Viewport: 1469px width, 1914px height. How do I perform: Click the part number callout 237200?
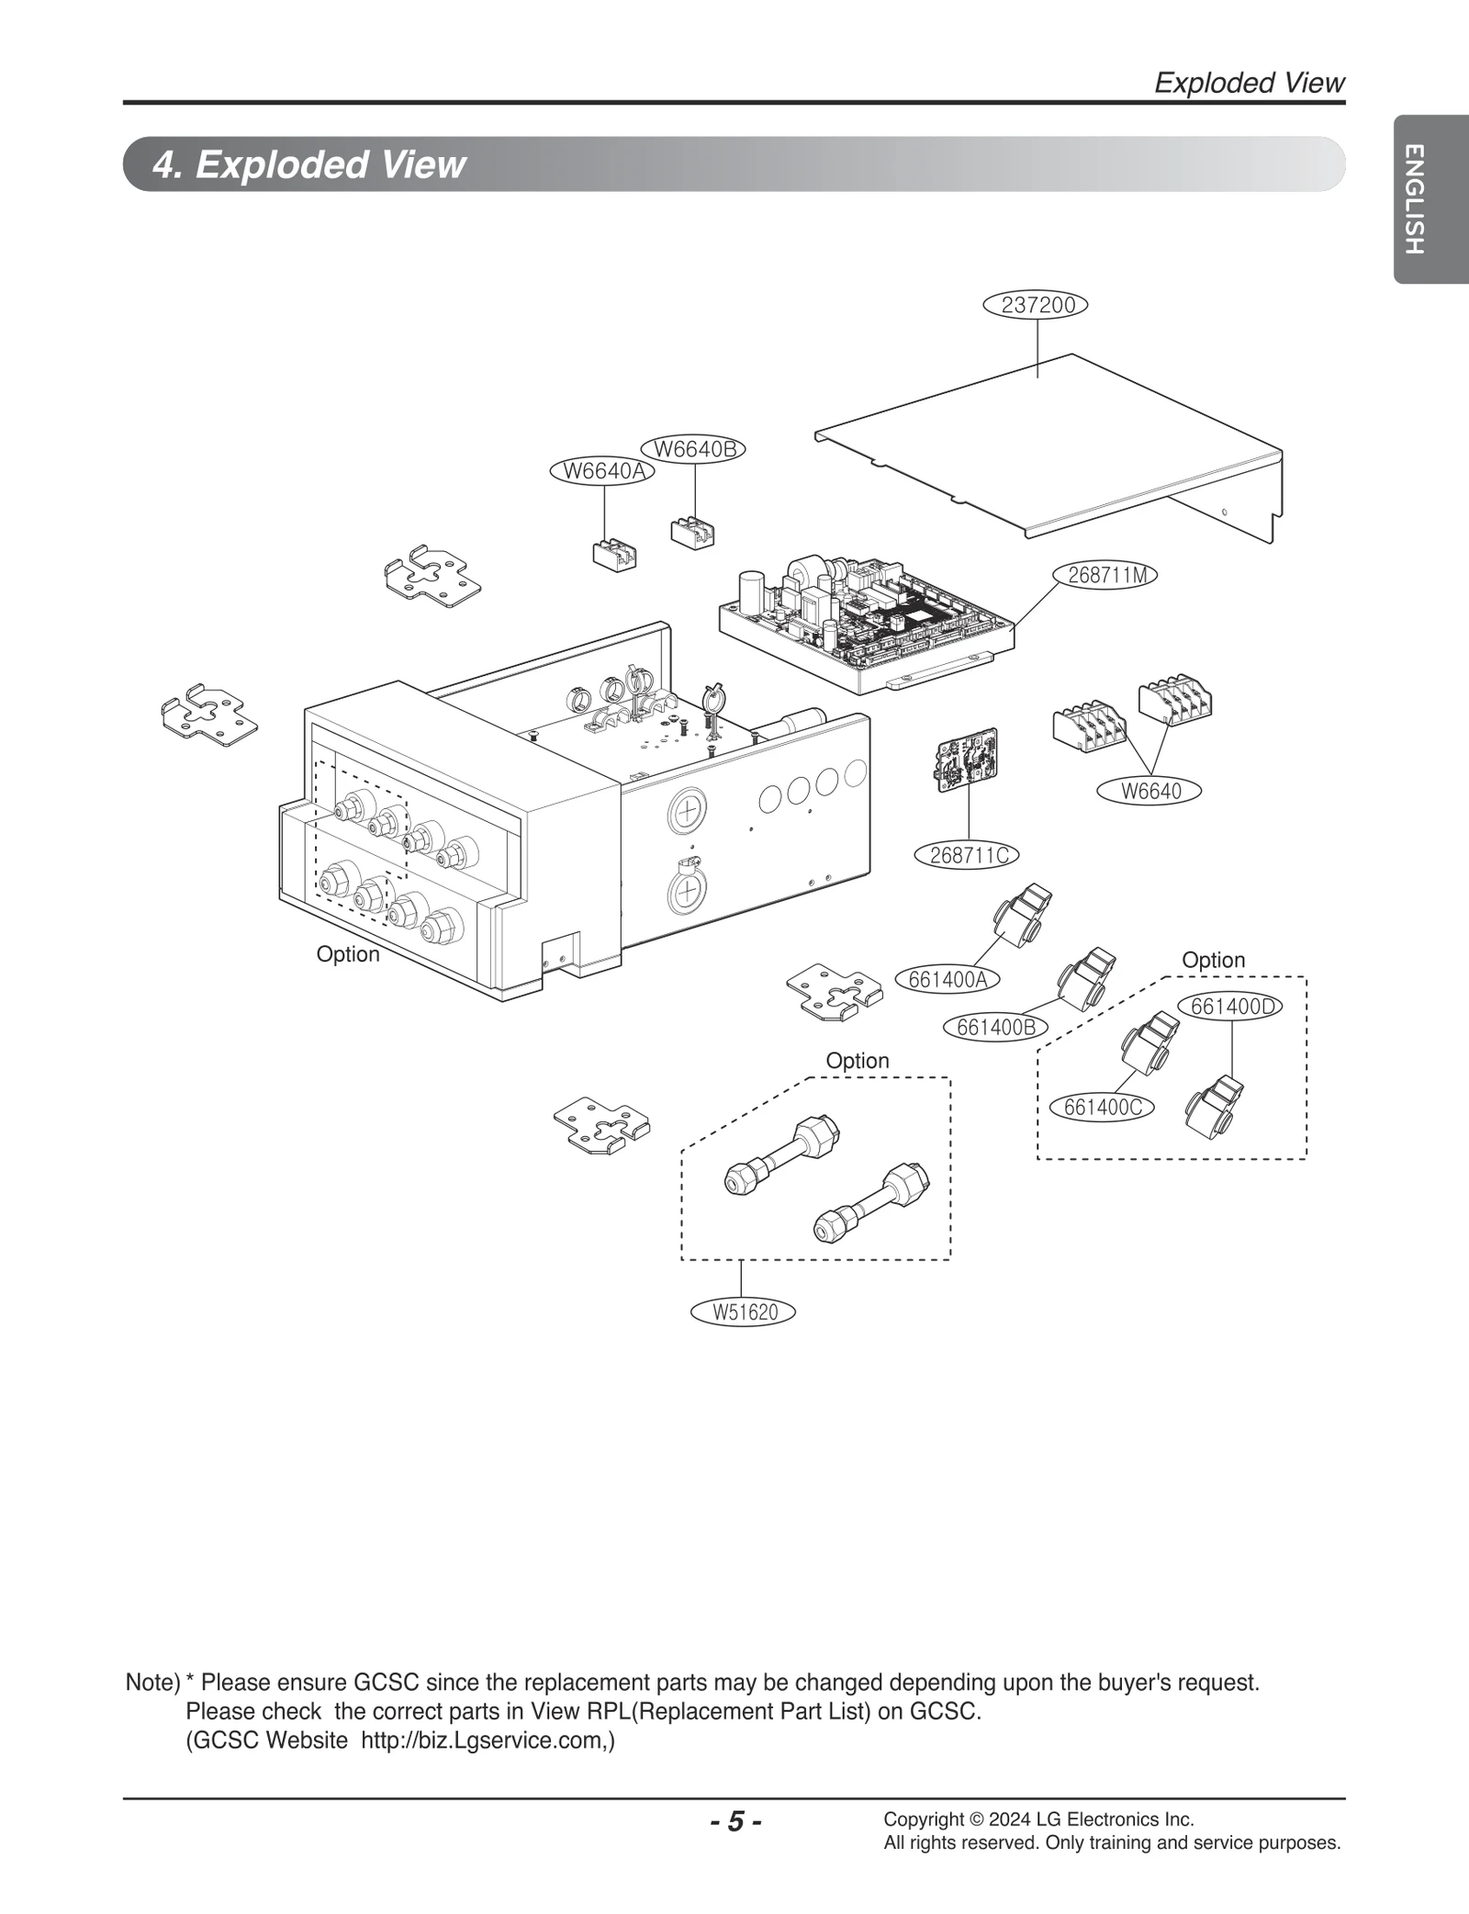[x=1035, y=305]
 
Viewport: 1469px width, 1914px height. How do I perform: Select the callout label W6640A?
[x=602, y=471]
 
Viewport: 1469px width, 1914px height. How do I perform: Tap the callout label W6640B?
[x=694, y=449]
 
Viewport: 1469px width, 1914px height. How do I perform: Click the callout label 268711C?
[x=968, y=855]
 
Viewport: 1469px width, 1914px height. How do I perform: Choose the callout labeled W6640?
[x=1150, y=790]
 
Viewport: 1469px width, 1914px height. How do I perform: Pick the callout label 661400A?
[x=948, y=980]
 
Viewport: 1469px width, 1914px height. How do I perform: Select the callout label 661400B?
[x=995, y=1028]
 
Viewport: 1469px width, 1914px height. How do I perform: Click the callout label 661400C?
[x=1103, y=1108]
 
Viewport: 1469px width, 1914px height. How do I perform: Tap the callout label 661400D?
[x=1232, y=1007]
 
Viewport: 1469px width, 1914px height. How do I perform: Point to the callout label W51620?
[x=745, y=1312]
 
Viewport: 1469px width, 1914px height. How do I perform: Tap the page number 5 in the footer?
[x=734, y=1820]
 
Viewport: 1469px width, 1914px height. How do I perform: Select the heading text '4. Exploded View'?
[x=309, y=164]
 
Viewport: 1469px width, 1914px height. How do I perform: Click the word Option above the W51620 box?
[x=857, y=1061]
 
